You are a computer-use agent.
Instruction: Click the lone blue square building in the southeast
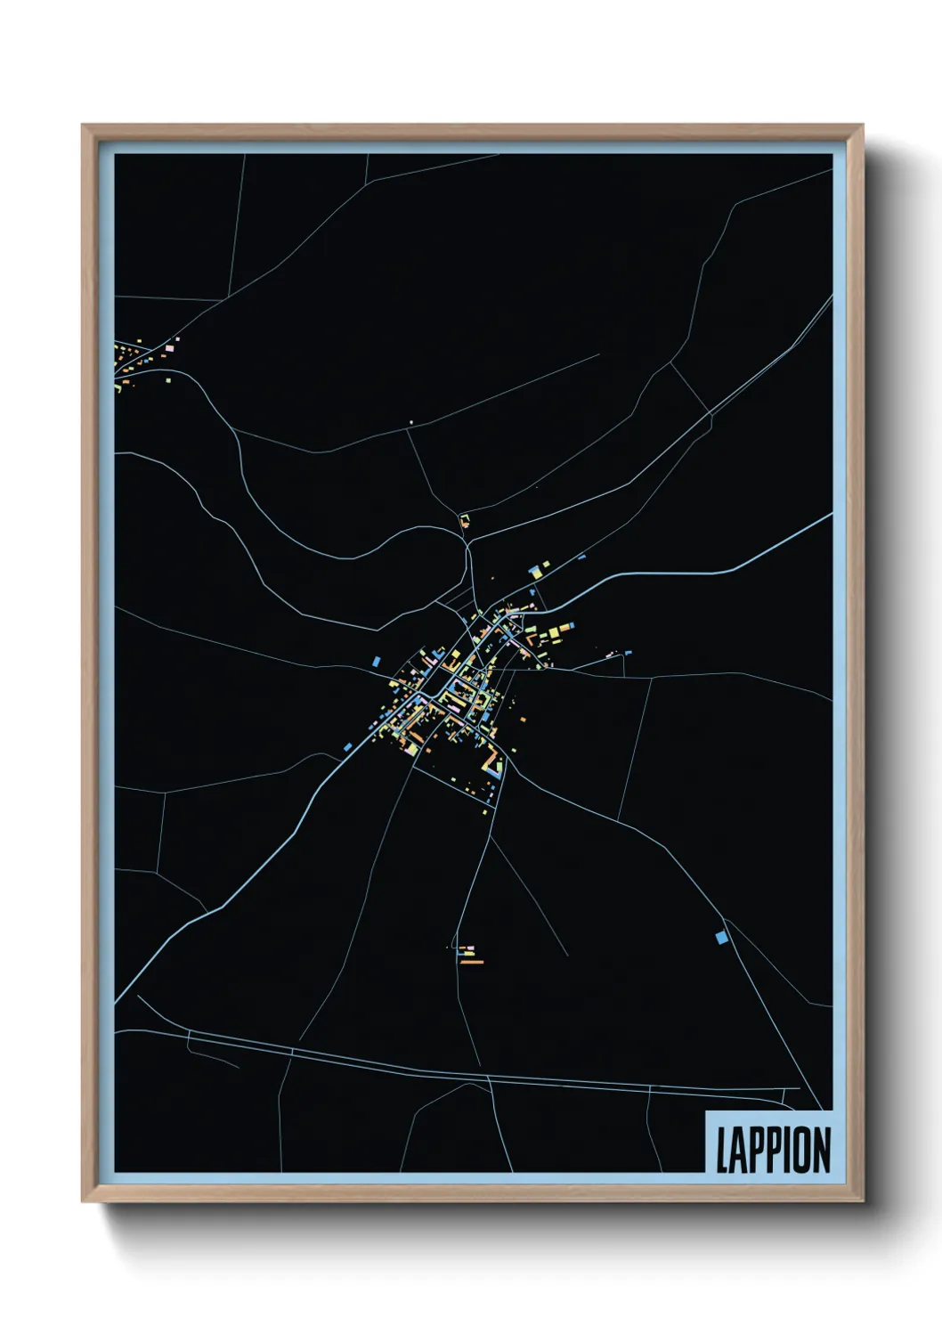721,937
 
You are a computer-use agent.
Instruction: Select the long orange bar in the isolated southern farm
472,962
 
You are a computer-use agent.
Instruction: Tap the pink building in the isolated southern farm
470,948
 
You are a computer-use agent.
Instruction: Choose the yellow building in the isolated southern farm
464,955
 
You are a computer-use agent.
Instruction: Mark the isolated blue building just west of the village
376,662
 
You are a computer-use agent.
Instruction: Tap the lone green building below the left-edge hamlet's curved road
118,388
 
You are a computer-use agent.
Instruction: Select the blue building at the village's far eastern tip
628,653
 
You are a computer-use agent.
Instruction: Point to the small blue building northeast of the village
582,557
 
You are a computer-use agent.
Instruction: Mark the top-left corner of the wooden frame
83,126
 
